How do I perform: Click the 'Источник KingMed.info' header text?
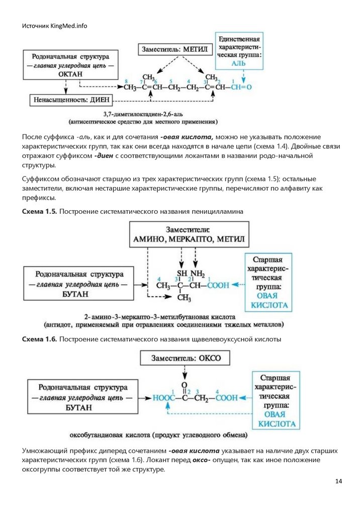pyautogui.click(x=54, y=26)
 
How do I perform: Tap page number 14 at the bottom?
pyautogui.click(x=338, y=482)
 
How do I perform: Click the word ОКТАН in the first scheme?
pyautogui.click(x=72, y=74)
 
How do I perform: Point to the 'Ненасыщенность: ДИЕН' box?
pyautogui.click(x=72, y=100)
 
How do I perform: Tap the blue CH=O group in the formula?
pyautogui.click(x=241, y=87)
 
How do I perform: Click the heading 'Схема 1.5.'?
pyautogui.click(x=39, y=212)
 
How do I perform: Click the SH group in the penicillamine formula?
pyautogui.click(x=179, y=274)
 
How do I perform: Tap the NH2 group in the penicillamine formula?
pyautogui.click(x=198, y=274)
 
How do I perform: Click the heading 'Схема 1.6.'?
pyautogui.click(x=39, y=339)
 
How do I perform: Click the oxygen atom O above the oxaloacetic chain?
pyautogui.click(x=185, y=382)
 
